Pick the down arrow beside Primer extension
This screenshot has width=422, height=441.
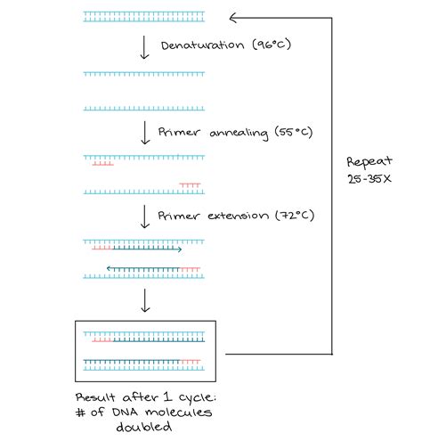click(145, 216)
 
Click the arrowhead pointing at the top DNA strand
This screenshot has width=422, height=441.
click(233, 15)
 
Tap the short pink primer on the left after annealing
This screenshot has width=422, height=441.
click(101, 164)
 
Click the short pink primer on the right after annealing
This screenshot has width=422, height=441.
click(189, 185)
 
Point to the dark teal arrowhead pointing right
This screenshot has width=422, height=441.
click(180, 249)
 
